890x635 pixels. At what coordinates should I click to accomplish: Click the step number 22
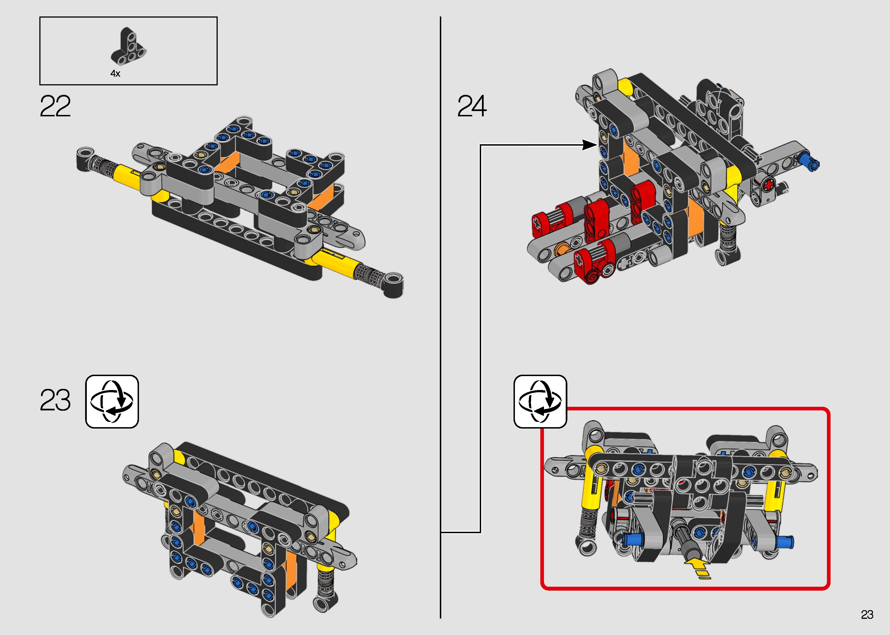click(55, 106)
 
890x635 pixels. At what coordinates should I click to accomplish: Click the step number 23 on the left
click(55, 400)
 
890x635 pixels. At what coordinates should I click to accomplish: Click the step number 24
click(472, 106)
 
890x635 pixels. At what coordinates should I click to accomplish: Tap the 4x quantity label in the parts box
click(115, 73)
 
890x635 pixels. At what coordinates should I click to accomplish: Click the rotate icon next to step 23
click(112, 401)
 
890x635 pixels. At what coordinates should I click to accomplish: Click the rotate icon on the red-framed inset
click(540, 401)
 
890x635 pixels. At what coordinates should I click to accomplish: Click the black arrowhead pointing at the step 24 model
click(589, 145)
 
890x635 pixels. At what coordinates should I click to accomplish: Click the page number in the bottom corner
click(867, 615)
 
